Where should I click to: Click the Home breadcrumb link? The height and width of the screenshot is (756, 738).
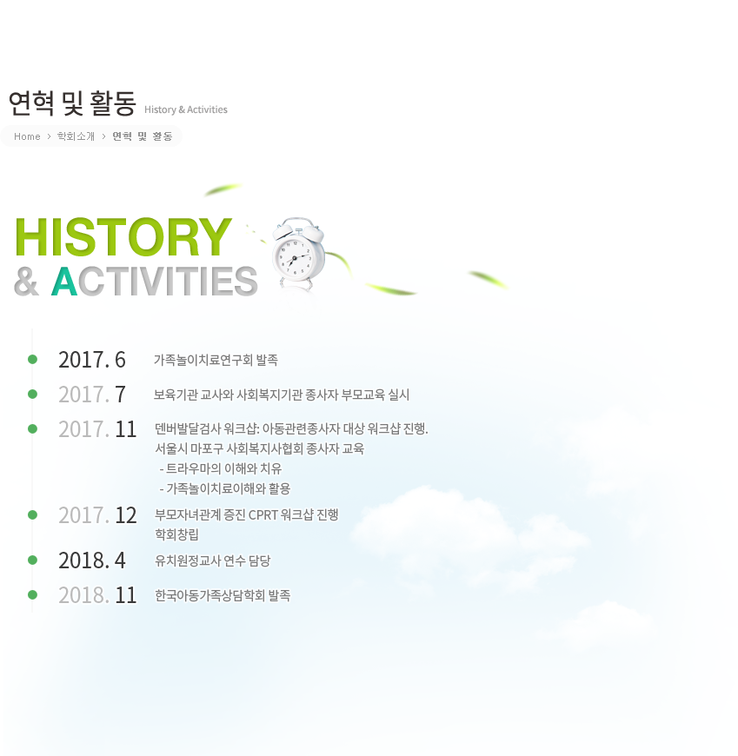(27, 136)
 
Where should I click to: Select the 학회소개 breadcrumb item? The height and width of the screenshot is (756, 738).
(76, 136)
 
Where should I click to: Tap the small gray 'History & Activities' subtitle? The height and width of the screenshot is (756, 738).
(186, 109)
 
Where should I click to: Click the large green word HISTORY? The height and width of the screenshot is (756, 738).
(123, 236)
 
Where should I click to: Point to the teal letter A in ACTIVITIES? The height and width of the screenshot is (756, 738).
(64, 281)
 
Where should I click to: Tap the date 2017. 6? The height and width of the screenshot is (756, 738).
(92, 360)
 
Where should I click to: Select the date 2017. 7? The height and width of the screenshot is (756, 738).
(92, 395)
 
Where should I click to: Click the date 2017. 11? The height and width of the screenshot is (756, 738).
(97, 429)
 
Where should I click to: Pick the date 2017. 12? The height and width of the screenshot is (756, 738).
(97, 515)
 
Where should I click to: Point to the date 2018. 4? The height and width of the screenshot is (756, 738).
(92, 560)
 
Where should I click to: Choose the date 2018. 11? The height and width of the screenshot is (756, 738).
(97, 595)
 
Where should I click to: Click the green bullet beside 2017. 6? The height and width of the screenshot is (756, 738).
(33, 359)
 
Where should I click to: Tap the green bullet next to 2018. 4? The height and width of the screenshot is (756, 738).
(33, 560)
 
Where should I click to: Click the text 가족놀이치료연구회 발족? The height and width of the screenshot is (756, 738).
(216, 360)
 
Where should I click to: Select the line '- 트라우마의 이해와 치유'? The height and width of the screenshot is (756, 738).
(221, 468)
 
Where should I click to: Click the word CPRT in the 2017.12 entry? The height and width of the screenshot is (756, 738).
(263, 515)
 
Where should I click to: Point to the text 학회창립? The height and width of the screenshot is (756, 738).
(176, 534)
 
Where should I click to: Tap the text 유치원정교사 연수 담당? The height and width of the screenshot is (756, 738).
(213, 560)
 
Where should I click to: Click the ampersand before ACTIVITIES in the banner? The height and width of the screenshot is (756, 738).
(26, 282)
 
